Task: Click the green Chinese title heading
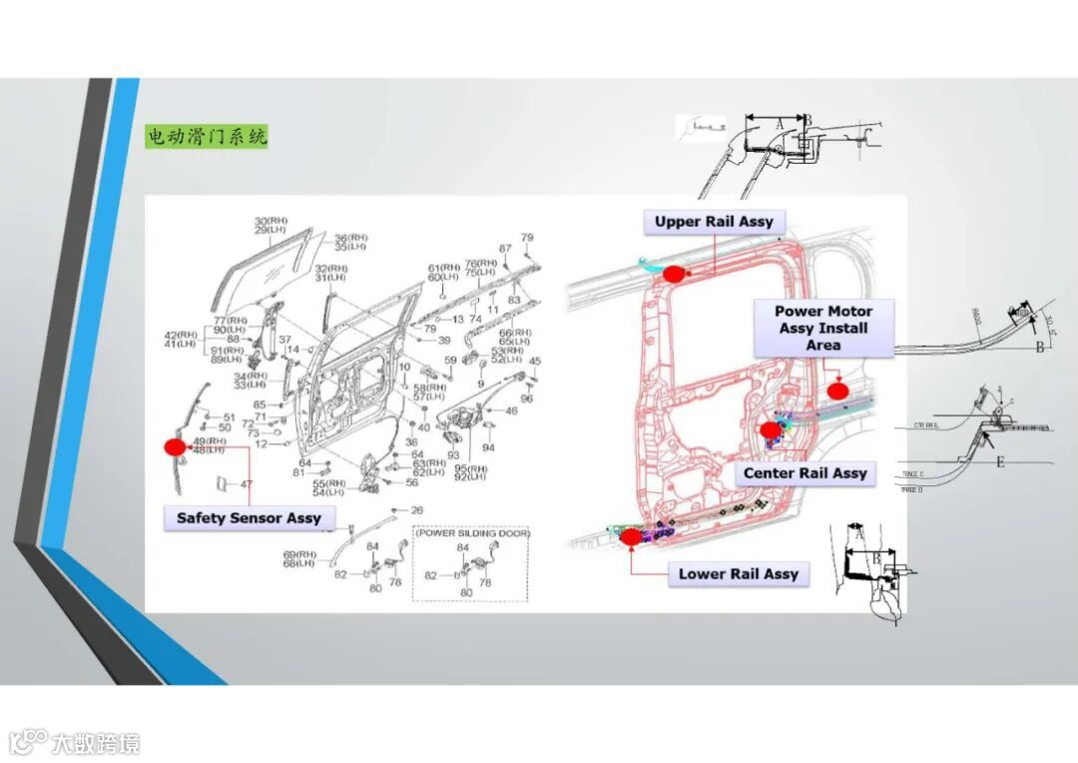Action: pyautogui.click(x=208, y=137)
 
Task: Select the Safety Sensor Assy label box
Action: pyautogui.click(x=249, y=518)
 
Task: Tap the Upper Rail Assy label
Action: pyautogui.click(x=714, y=222)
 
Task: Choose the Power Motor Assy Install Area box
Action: pyautogui.click(x=823, y=328)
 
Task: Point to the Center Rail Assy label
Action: pyautogui.click(x=806, y=473)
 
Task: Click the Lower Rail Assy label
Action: pyautogui.click(x=739, y=574)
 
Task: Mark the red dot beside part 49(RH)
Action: pyautogui.click(x=175, y=447)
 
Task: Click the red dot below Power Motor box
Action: pyautogui.click(x=836, y=390)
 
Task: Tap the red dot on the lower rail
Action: pyautogui.click(x=631, y=537)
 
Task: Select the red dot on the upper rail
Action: pyautogui.click(x=673, y=273)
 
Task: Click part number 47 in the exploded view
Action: pyautogui.click(x=246, y=484)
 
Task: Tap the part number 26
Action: pyautogui.click(x=416, y=510)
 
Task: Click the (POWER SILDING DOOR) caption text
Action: pyautogui.click(x=473, y=534)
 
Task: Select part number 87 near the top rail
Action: pyautogui.click(x=505, y=249)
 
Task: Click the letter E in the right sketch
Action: pyautogui.click(x=999, y=462)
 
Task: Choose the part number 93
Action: pyautogui.click(x=453, y=455)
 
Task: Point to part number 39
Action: pyautogui.click(x=444, y=341)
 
